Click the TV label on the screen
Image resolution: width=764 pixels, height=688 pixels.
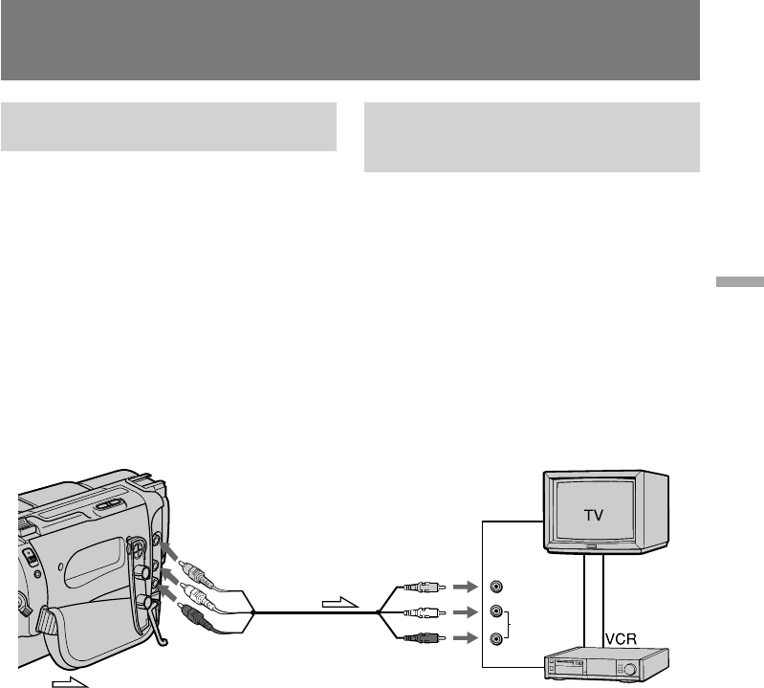596,513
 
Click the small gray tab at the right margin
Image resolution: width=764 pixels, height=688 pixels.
738,282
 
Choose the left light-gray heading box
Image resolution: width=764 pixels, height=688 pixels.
168,127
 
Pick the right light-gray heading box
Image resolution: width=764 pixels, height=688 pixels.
532,138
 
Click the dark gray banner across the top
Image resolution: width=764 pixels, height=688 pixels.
350,40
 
